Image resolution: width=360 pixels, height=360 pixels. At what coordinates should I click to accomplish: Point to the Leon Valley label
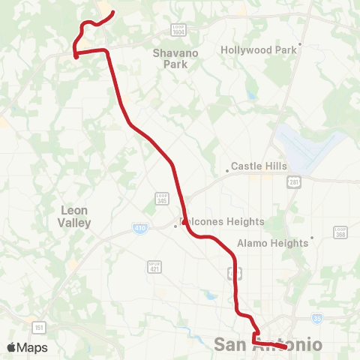[75, 217]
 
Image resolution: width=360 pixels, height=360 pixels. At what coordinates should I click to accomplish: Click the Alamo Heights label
[272, 243]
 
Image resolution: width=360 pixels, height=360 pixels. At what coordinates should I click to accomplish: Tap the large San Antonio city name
[268, 345]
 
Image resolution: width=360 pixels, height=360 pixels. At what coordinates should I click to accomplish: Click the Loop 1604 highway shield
[178, 29]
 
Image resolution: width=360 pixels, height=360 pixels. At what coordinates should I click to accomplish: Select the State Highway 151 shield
[37, 326]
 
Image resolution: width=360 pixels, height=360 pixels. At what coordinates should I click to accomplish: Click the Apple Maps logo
[27, 347]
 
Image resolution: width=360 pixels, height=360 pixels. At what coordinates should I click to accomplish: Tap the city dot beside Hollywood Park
[300, 44]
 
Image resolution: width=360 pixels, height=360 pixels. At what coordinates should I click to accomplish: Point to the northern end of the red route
[112, 12]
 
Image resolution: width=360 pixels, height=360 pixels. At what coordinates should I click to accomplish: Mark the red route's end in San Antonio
[287, 346]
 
